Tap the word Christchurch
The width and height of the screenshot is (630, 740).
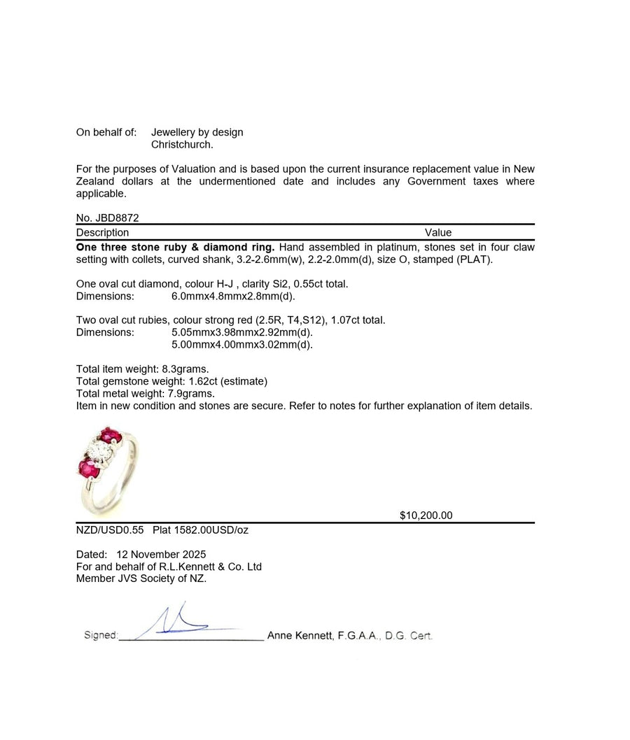point(182,145)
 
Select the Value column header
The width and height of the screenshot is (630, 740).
point(438,233)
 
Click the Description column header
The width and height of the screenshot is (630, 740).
point(102,233)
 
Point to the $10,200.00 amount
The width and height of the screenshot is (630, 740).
point(426,515)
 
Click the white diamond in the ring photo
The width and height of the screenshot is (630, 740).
point(99,451)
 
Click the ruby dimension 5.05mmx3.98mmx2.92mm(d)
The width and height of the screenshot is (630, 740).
point(241,332)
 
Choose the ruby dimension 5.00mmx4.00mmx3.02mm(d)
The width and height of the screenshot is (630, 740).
point(241,344)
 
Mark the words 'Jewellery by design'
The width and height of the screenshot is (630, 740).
point(197,132)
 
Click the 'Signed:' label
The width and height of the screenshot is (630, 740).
point(100,636)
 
